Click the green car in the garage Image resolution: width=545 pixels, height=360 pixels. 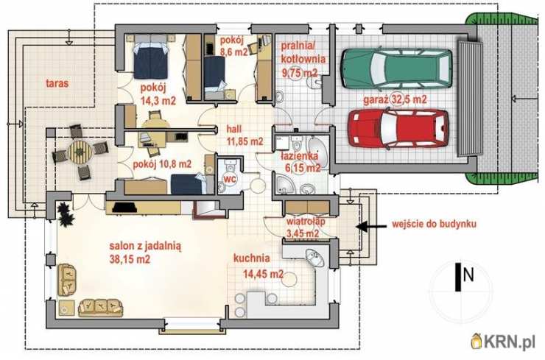click(396, 68)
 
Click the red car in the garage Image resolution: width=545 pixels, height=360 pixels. click(398, 128)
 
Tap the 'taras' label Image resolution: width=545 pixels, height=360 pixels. click(57, 83)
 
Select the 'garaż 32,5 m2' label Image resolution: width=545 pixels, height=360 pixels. click(395, 99)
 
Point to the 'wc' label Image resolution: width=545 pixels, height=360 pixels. click(230, 179)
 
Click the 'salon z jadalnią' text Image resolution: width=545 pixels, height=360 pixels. click(145, 247)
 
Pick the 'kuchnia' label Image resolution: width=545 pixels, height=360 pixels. click(252, 258)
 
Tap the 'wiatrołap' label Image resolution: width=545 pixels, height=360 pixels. click(306, 222)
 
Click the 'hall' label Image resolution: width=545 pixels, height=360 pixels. click(234, 129)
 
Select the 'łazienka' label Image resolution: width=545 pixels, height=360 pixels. click(299, 156)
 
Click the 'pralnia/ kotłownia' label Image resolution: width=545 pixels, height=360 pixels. click(303, 52)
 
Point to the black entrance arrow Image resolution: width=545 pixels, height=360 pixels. click(371, 227)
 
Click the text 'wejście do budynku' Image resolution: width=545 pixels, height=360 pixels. click(434, 224)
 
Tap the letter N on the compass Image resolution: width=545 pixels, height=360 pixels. click(468, 275)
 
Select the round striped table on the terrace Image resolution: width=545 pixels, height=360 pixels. click(80, 152)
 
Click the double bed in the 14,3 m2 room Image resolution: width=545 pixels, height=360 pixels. click(150, 57)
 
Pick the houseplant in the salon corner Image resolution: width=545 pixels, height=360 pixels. click(66, 213)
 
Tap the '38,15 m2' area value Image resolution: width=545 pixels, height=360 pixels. click(130, 259)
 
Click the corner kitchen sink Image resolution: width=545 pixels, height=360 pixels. click(315, 258)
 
